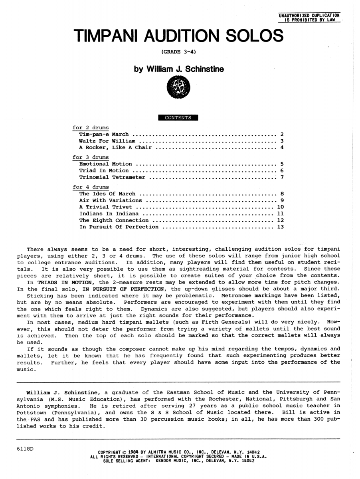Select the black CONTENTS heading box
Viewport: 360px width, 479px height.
click(x=178, y=117)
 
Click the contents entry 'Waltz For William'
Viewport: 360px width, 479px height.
click(x=107, y=141)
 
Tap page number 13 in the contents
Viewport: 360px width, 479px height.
click(x=280, y=227)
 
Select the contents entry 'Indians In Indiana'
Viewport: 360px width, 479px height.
click(x=109, y=214)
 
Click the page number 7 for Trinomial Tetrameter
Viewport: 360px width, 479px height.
click(x=282, y=177)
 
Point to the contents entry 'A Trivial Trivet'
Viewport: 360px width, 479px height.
click(x=105, y=207)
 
